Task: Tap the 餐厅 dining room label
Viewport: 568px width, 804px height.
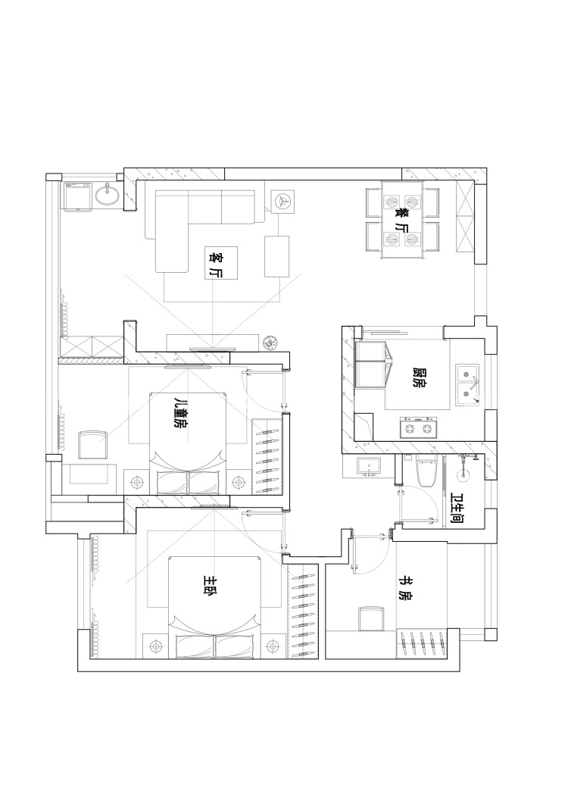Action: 402,220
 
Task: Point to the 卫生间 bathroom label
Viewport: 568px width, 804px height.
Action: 457,508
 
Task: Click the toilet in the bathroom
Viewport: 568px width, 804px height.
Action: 426,470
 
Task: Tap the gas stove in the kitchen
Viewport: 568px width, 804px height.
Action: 418,427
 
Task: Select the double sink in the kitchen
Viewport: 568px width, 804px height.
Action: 468,385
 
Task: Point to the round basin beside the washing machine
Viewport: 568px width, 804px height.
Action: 107,195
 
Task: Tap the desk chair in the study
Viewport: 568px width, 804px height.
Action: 371,619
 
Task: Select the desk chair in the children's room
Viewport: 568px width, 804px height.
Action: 92,445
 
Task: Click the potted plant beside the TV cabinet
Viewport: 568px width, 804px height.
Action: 269,342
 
